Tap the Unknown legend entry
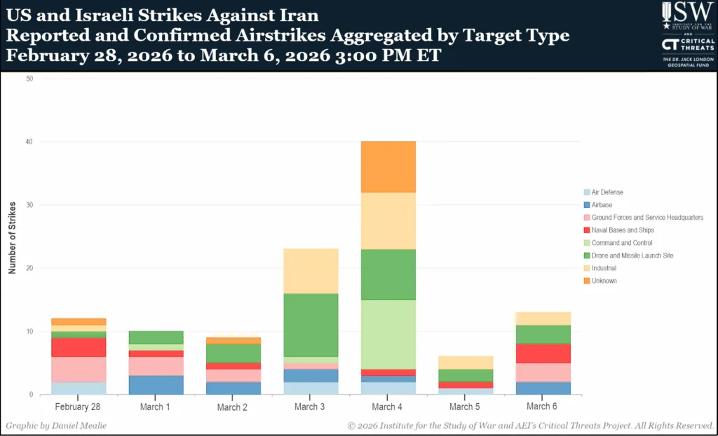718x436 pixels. (x=604, y=281)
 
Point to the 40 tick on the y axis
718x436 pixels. (x=29, y=142)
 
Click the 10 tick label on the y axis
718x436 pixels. (x=29, y=331)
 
